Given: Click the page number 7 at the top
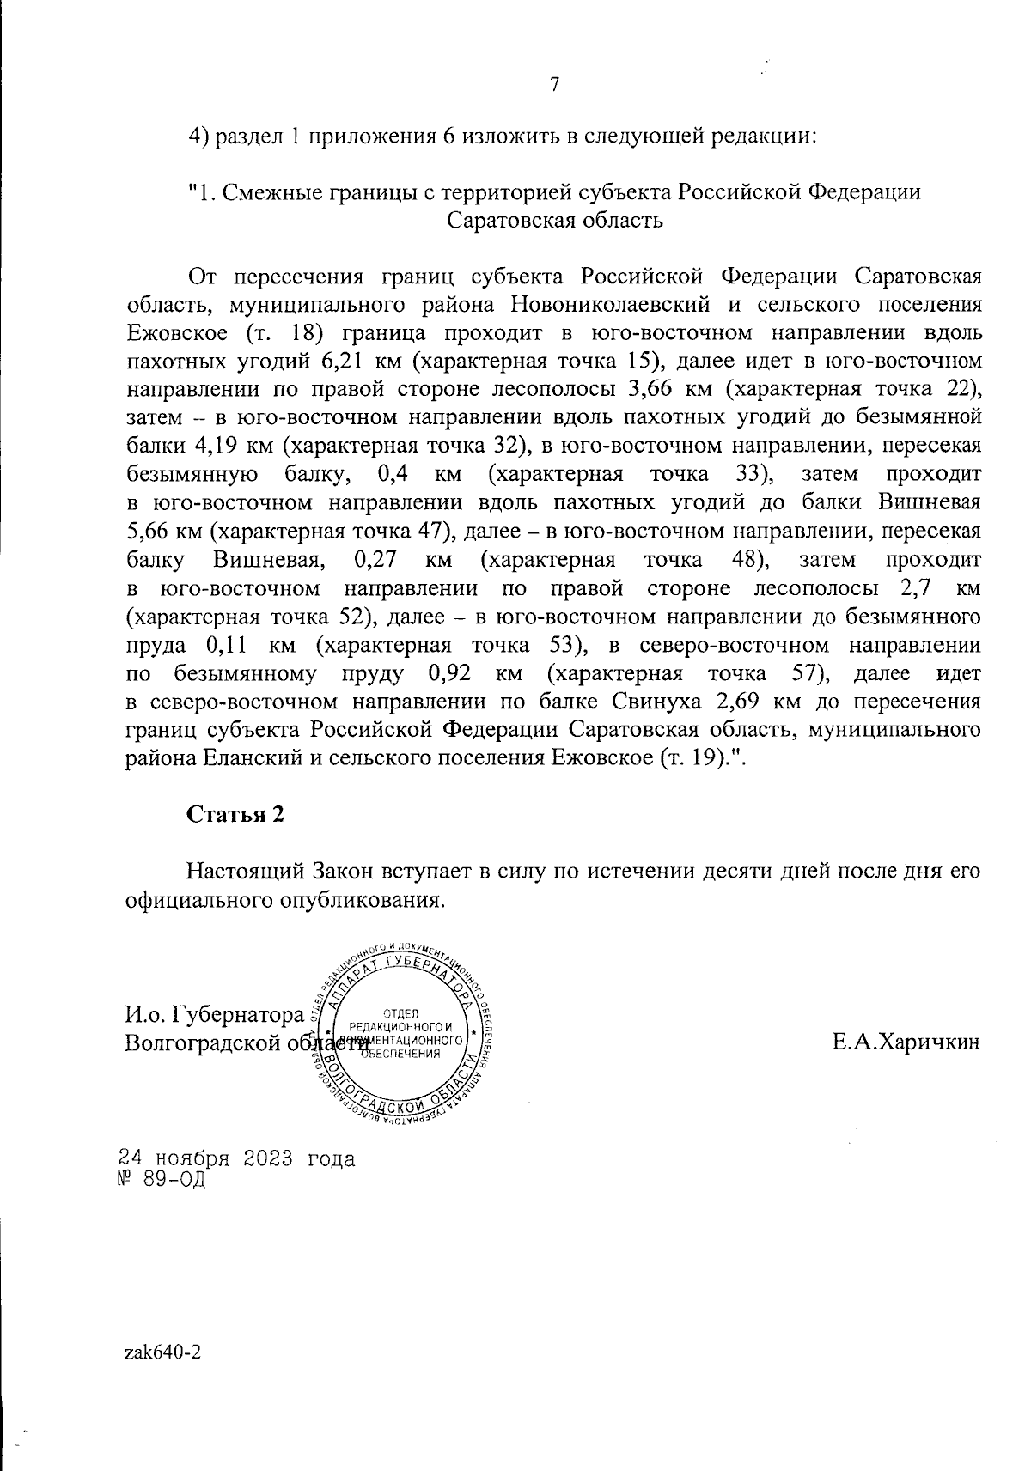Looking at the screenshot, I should click(x=554, y=84).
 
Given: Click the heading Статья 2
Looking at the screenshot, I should click(x=235, y=814).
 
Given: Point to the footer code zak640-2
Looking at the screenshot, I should click(x=164, y=1352).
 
